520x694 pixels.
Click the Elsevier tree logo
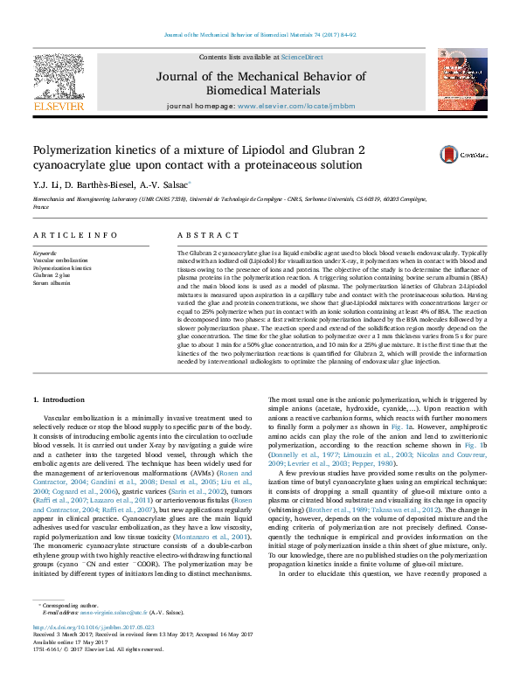[57, 78]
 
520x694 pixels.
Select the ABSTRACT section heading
[208, 236]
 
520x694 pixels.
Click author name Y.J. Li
[45, 185]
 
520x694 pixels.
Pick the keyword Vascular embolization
[60, 261]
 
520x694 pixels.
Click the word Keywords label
[47, 253]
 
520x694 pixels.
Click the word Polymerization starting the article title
[73, 150]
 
